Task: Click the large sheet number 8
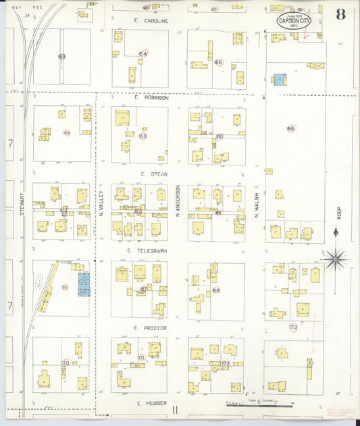341,15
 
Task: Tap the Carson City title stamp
294,22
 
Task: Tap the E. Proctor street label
149,327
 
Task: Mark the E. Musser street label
147,404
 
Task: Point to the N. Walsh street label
257,201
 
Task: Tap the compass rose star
334,258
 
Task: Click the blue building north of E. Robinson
279,80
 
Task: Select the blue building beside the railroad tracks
84,284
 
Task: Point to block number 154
143,54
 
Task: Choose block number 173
292,327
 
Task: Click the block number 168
215,291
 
